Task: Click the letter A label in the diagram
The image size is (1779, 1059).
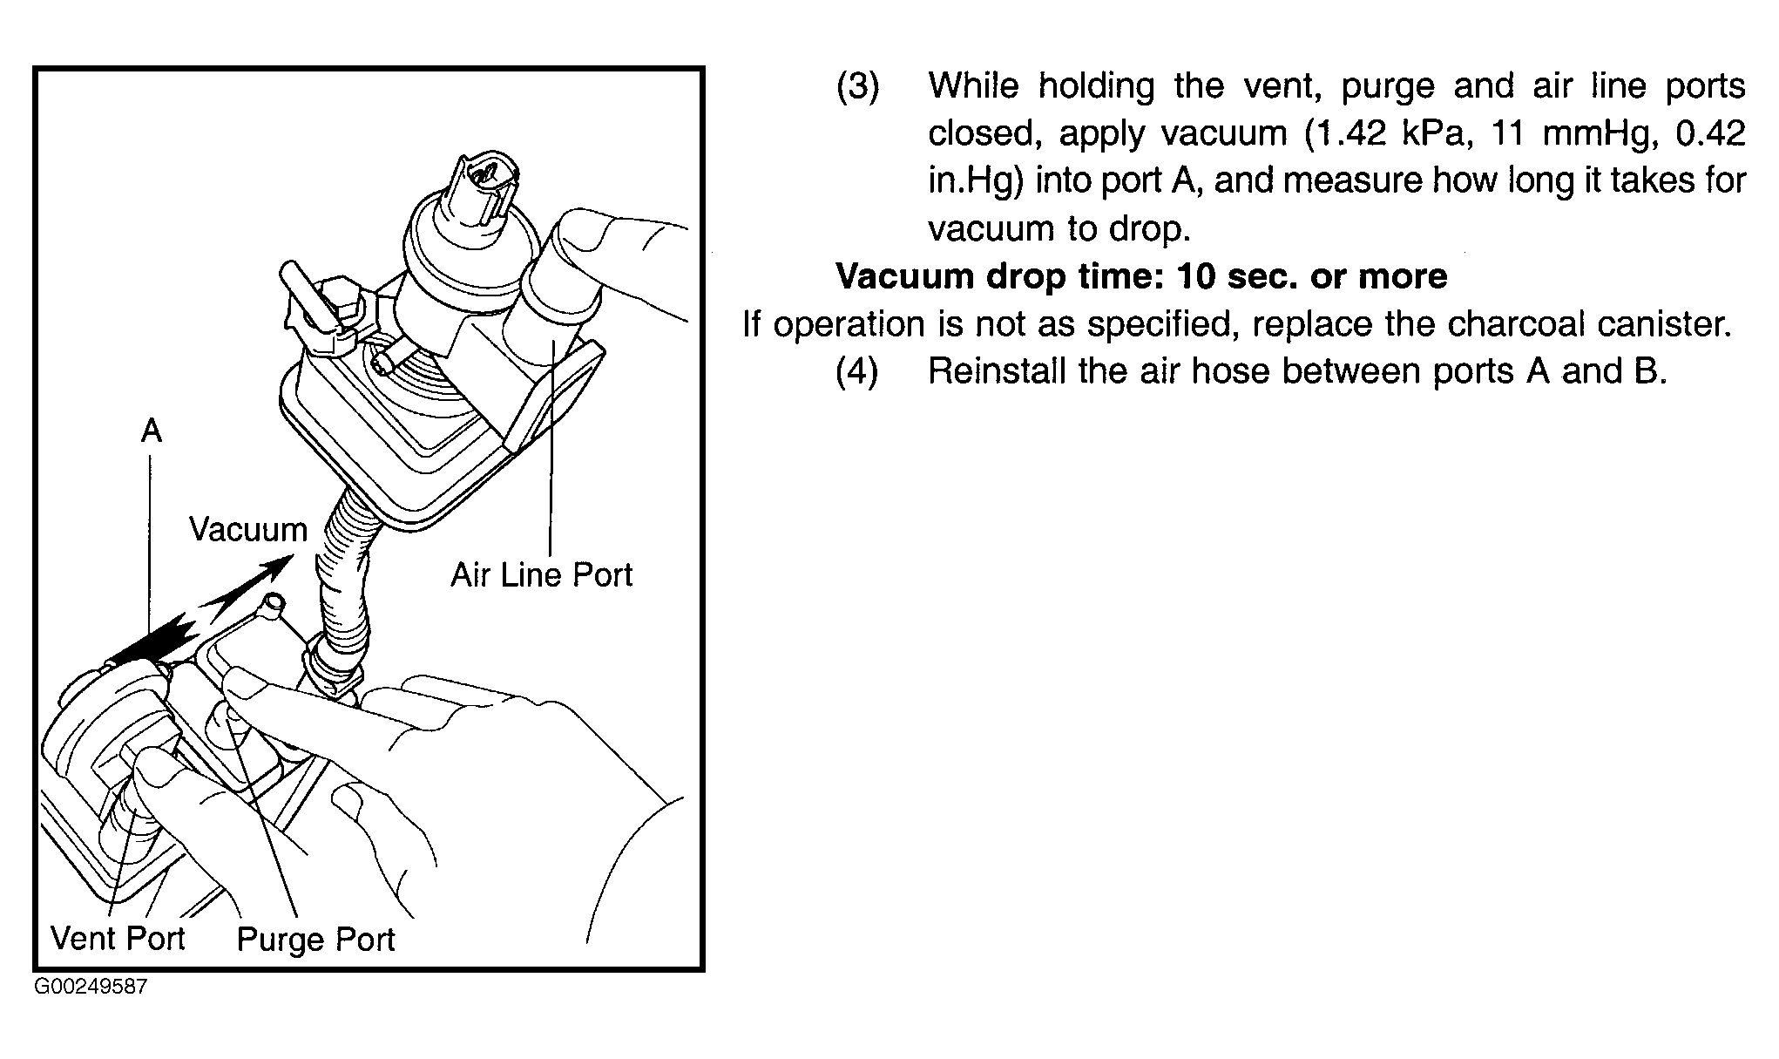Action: point(152,431)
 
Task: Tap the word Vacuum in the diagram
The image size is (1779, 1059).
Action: point(248,530)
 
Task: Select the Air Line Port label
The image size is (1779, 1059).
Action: point(541,575)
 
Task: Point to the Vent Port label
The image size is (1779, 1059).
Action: point(118,939)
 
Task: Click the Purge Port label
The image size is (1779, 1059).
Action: point(315,940)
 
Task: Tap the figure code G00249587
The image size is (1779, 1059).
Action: point(91,988)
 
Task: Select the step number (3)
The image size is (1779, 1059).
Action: point(858,86)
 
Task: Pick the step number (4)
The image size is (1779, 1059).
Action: point(858,371)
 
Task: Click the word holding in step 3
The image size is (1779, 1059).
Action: point(1097,87)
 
